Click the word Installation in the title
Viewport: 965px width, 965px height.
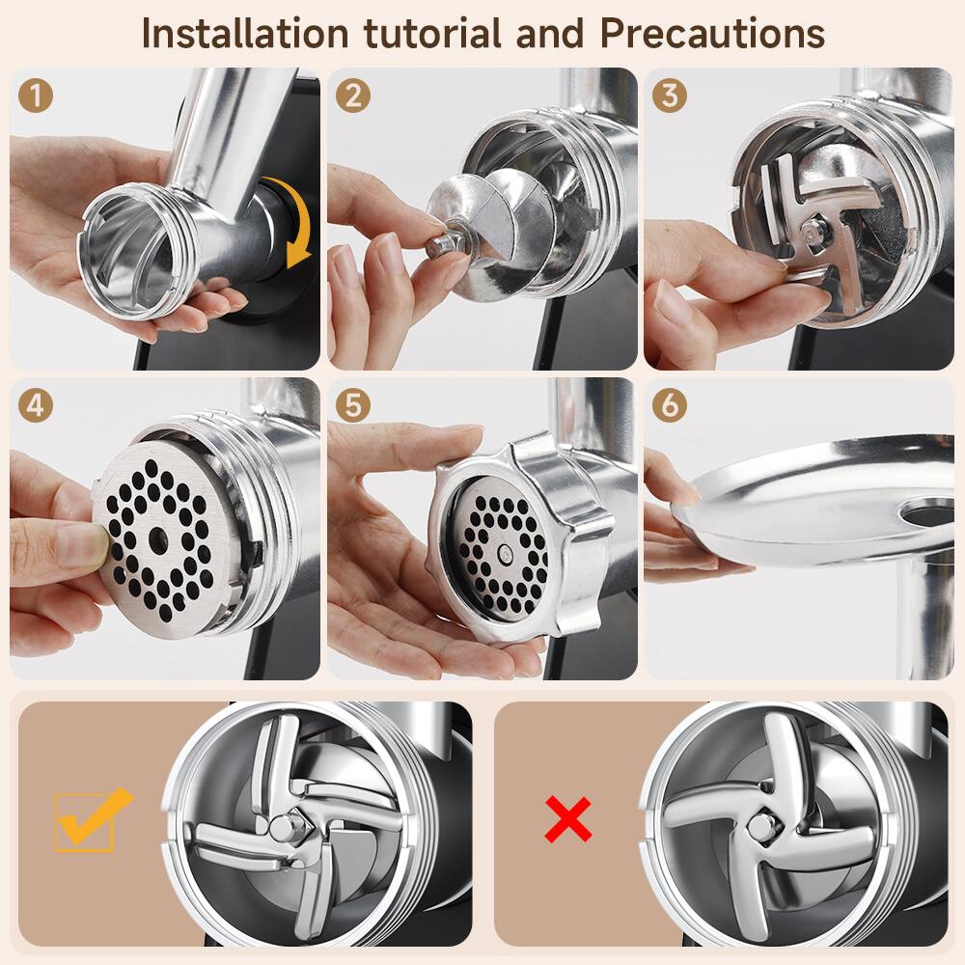tap(246, 33)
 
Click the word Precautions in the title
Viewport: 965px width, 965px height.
tap(712, 33)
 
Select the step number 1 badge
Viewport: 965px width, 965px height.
tap(35, 96)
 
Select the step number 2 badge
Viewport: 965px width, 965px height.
tap(353, 96)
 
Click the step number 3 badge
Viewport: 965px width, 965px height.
tap(670, 96)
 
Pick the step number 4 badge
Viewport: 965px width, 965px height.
tap(35, 405)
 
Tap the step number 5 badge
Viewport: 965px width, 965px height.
tap(353, 405)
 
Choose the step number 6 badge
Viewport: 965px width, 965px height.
tap(670, 405)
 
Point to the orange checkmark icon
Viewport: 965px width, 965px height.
tap(92, 818)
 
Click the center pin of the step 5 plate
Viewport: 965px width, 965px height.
tap(507, 552)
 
